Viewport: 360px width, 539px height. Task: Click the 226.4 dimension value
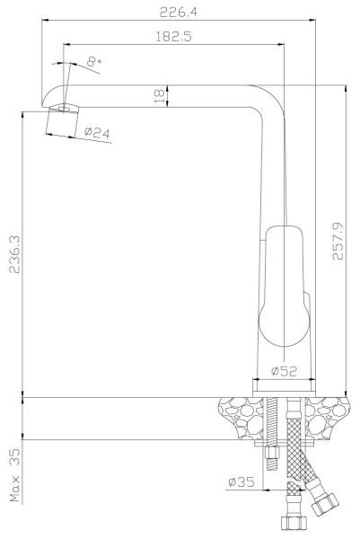click(x=179, y=13)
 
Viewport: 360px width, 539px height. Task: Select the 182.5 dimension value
click(x=174, y=36)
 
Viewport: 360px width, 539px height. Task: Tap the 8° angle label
click(x=93, y=61)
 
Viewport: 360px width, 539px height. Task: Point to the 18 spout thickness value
click(x=158, y=96)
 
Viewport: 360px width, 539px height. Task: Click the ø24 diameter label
click(x=97, y=132)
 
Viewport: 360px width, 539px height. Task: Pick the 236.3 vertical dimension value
click(x=14, y=254)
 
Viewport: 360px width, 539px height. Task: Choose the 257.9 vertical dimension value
click(x=338, y=241)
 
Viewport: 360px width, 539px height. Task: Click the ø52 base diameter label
click(x=284, y=370)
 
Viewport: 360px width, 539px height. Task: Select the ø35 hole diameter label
click(x=241, y=482)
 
